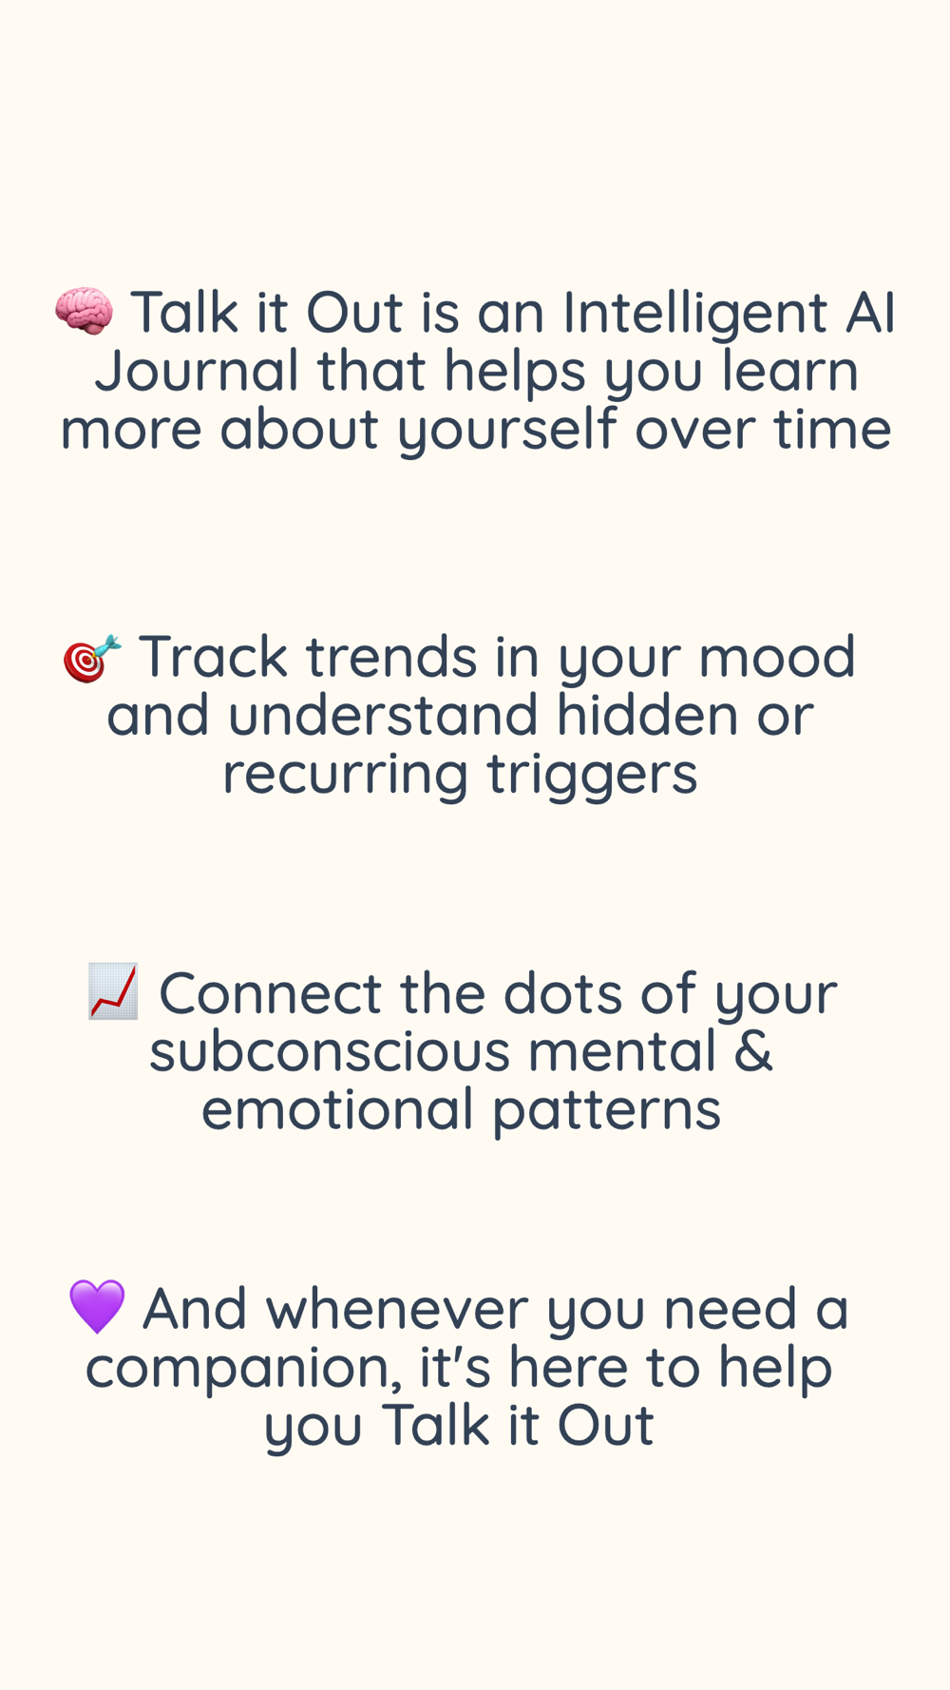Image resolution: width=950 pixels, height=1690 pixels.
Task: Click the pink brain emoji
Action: point(84,311)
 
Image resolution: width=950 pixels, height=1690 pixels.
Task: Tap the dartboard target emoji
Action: point(92,657)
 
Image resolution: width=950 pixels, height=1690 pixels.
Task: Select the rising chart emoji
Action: point(113,991)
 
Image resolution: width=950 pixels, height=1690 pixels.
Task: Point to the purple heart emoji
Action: point(97,1306)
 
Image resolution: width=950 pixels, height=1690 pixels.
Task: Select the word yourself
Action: point(506,431)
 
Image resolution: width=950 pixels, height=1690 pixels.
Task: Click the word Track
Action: point(213,657)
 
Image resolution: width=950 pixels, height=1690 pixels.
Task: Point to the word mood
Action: point(777,657)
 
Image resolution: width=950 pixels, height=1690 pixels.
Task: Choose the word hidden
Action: point(647,715)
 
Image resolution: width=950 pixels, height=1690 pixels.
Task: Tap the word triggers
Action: point(592,776)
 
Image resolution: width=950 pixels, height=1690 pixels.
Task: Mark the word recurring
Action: point(346,776)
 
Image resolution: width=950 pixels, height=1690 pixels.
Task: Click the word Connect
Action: point(270,993)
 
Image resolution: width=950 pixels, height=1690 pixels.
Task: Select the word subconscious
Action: point(329,1051)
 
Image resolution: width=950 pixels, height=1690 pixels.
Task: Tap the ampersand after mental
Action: point(753,1051)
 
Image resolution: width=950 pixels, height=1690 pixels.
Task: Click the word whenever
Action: point(396,1309)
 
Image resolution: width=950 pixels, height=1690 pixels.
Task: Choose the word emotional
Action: point(337,1109)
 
